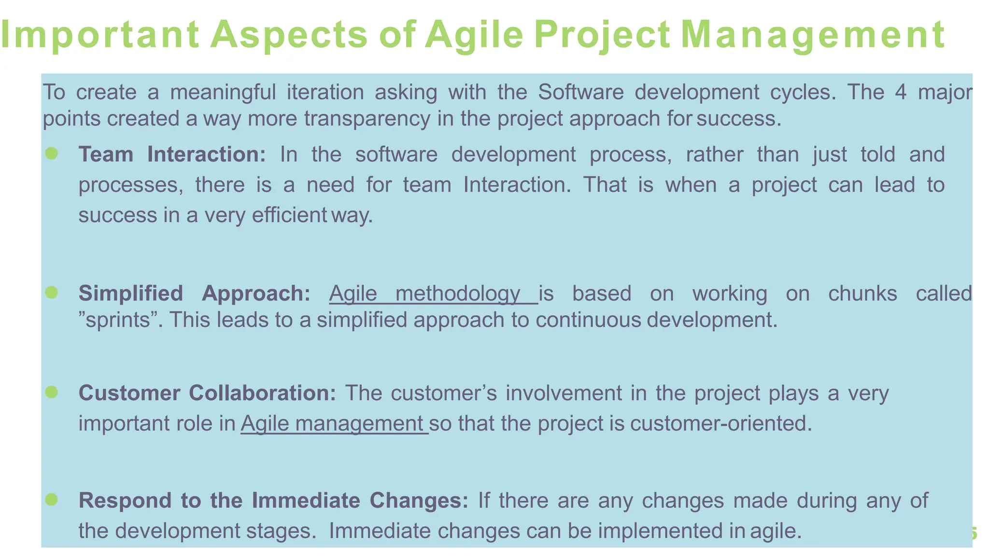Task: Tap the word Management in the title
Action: click(x=812, y=35)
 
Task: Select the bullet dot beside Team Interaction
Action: click(x=52, y=153)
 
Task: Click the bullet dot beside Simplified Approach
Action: click(x=52, y=292)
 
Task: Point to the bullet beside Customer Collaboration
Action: click(x=52, y=392)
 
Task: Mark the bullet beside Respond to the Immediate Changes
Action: click(x=52, y=500)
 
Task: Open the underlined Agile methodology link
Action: click(x=433, y=293)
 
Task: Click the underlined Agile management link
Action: click(x=334, y=424)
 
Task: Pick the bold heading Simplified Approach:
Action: click(x=195, y=293)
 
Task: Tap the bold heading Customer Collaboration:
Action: click(x=207, y=393)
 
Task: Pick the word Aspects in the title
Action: click(x=289, y=35)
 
